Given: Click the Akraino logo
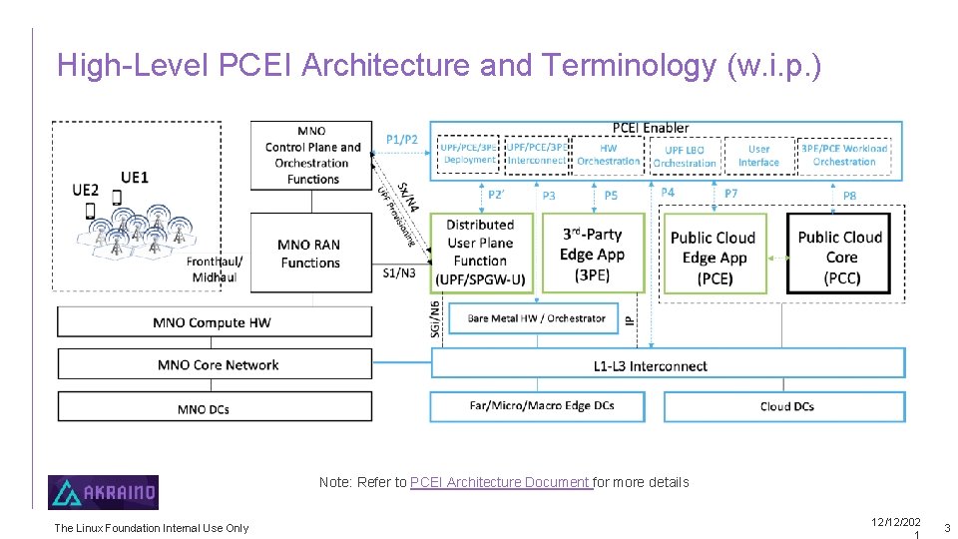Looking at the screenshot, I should tap(103, 492).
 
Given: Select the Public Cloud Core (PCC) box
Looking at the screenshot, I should tap(840, 257).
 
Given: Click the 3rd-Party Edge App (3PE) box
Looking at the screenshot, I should tap(592, 254).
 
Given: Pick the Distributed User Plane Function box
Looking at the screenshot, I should tap(480, 252).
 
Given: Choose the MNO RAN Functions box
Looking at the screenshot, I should tap(310, 254).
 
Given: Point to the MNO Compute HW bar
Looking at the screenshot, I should tap(214, 322).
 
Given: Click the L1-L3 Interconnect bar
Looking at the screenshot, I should tap(668, 365).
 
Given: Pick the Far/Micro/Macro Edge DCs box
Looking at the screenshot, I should tap(542, 406).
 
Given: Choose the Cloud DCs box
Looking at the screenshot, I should tap(786, 406).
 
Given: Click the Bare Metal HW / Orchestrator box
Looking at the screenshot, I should tap(537, 318).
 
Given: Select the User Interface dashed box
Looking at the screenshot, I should tap(758, 156).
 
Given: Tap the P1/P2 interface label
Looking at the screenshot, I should tap(401, 139).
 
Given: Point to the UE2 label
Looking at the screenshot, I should tap(86, 190).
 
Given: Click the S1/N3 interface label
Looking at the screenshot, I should tap(399, 271).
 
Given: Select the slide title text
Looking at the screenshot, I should tap(439, 65).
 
